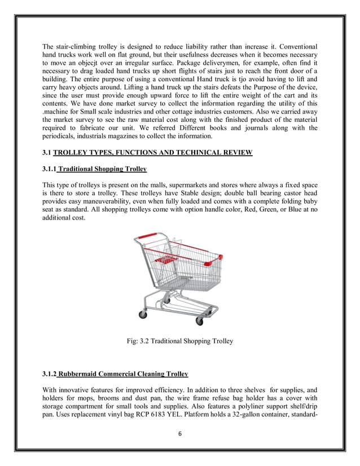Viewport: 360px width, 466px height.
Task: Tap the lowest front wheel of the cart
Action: (199, 321)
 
